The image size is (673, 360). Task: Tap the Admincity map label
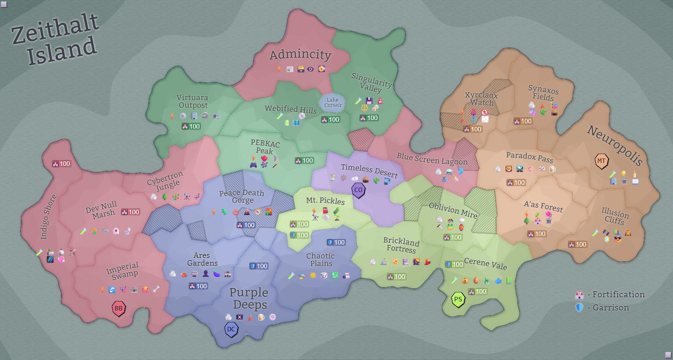(x=300, y=54)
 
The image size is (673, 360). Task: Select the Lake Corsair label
(x=333, y=102)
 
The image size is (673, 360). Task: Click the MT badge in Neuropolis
(x=601, y=161)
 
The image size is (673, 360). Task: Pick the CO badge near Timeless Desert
(x=358, y=190)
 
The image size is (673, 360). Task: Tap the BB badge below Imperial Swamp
(x=118, y=308)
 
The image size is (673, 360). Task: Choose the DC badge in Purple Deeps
(x=231, y=329)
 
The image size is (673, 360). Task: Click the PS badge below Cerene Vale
(x=458, y=299)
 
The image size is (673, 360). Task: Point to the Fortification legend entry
(x=610, y=294)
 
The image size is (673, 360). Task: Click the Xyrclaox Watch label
(x=482, y=99)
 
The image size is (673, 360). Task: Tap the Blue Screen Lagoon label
(x=432, y=158)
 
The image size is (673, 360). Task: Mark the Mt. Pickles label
(x=325, y=201)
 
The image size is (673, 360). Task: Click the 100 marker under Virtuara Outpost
(x=191, y=127)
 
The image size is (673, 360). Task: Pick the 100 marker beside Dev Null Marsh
(x=131, y=212)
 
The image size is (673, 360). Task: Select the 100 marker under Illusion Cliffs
(x=578, y=245)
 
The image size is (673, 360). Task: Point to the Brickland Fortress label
(x=401, y=245)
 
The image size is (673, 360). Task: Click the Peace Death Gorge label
(x=242, y=196)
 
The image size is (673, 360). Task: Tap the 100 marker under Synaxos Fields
(x=523, y=121)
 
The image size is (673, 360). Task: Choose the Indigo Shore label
(x=48, y=217)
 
